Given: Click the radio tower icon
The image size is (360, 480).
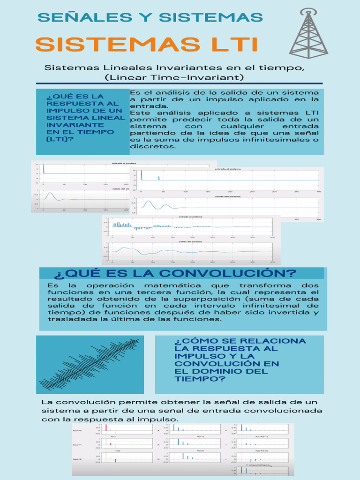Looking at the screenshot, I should [x=308, y=34].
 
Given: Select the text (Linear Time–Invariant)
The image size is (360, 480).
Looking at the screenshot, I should [x=174, y=77].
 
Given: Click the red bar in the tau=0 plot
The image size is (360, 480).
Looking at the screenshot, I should [x=106, y=427].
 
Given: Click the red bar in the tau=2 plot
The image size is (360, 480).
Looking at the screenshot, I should [x=115, y=461].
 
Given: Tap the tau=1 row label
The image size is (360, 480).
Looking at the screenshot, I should [x=77, y=444].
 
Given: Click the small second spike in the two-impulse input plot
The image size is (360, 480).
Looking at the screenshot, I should [x=159, y=178].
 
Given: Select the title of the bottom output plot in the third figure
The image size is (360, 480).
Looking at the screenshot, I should [x=192, y=242].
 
